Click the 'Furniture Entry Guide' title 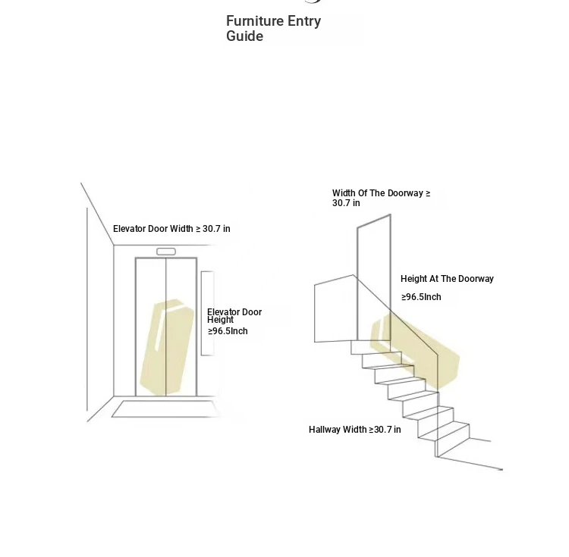tap(273, 29)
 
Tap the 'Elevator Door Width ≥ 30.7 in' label tap(171, 229)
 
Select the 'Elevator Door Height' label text tap(234, 316)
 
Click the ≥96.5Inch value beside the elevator tap(228, 331)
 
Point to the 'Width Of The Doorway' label tap(381, 198)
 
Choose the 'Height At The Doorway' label tap(447, 279)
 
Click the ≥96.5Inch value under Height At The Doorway tap(421, 297)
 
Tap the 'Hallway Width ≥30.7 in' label tap(355, 430)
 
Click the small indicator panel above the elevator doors tap(166, 252)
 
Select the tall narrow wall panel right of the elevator tap(207, 314)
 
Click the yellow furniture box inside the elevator tap(167, 347)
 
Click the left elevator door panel tap(151, 327)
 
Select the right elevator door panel tap(181, 327)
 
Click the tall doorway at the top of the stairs tap(374, 277)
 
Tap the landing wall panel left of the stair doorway tap(335, 308)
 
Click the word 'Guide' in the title tap(244, 36)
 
